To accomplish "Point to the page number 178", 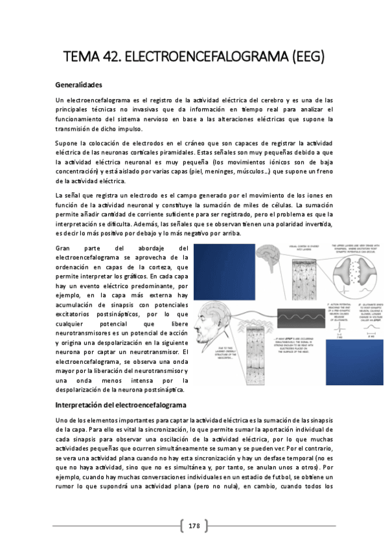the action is (x=194, y=526).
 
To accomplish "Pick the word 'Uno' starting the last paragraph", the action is (x=63, y=421).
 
